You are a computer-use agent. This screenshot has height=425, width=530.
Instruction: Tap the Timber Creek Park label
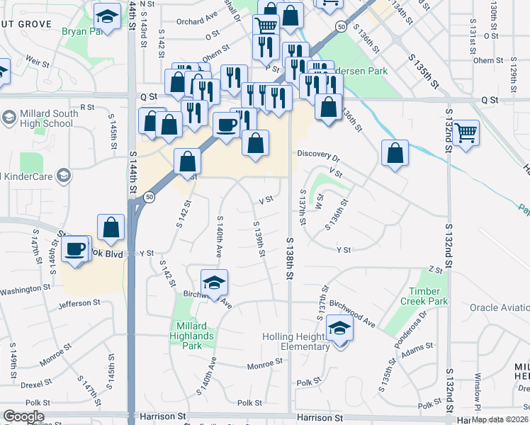tap(429, 296)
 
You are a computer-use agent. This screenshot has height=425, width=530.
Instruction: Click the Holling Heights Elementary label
tap(296, 341)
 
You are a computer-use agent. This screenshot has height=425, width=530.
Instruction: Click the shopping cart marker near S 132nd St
tap(466, 133)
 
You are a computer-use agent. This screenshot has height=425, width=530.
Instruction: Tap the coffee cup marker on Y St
tap(75, 250)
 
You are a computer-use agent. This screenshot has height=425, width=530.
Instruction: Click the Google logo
tap(23, 416)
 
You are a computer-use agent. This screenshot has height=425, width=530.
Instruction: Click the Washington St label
tap(27, 290)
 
